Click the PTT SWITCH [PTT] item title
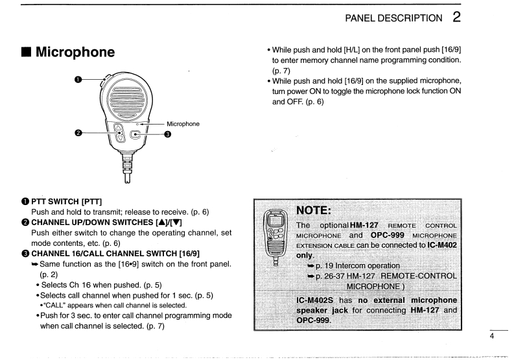click(50, 208)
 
